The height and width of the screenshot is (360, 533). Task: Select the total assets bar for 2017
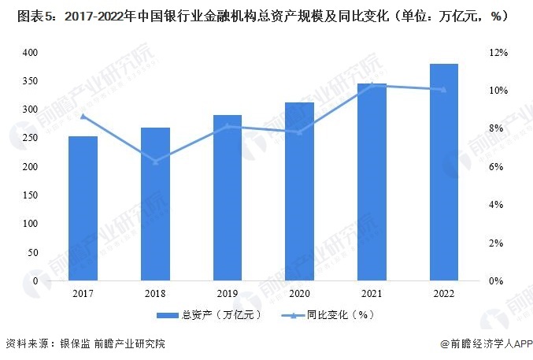tap(83, 208)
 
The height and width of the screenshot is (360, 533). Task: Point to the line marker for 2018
tap(155, 162)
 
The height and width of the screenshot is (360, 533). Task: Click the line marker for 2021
tap(372, 84)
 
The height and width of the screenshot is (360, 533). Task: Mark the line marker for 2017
tap(83, 117)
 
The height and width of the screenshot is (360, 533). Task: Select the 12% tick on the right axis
tap(501, 53)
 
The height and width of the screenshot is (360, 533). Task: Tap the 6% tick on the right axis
tap(501, 167)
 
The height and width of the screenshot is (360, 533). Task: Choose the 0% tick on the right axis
tap(501, 280)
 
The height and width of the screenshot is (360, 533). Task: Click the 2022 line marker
tap(444, 90)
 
